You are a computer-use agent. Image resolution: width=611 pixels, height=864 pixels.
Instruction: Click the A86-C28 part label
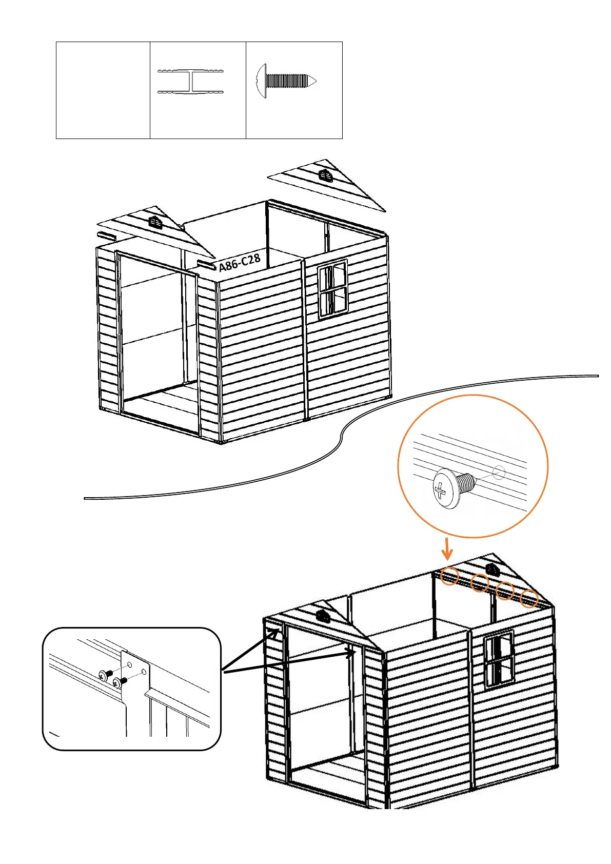click(240, 263)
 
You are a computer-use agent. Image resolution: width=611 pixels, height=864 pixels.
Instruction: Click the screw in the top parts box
click(286, 81)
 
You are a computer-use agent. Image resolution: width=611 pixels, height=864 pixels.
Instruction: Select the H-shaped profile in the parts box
click(191, 82)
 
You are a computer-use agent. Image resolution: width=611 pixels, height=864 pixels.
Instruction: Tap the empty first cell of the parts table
click(103, 90)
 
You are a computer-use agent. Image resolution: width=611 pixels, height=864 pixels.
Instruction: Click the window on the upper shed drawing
click(332, 289)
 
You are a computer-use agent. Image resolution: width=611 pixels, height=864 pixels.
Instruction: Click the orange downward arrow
click(447, 549)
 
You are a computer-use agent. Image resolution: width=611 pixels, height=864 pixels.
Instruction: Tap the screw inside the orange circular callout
click(451, 487)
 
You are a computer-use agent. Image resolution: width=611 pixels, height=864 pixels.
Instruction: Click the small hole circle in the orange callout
click(499, 472)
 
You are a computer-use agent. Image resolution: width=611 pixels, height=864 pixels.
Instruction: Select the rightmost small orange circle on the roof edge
click(529, 599)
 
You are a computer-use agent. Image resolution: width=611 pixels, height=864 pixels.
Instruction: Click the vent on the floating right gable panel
click(326, 175)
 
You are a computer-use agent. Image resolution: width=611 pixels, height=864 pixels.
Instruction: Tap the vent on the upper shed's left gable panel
click(155, 223)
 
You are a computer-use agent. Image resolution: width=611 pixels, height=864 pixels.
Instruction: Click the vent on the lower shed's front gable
click(323, 616)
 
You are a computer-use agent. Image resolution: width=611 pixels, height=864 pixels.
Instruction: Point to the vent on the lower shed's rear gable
click(492, 569)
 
